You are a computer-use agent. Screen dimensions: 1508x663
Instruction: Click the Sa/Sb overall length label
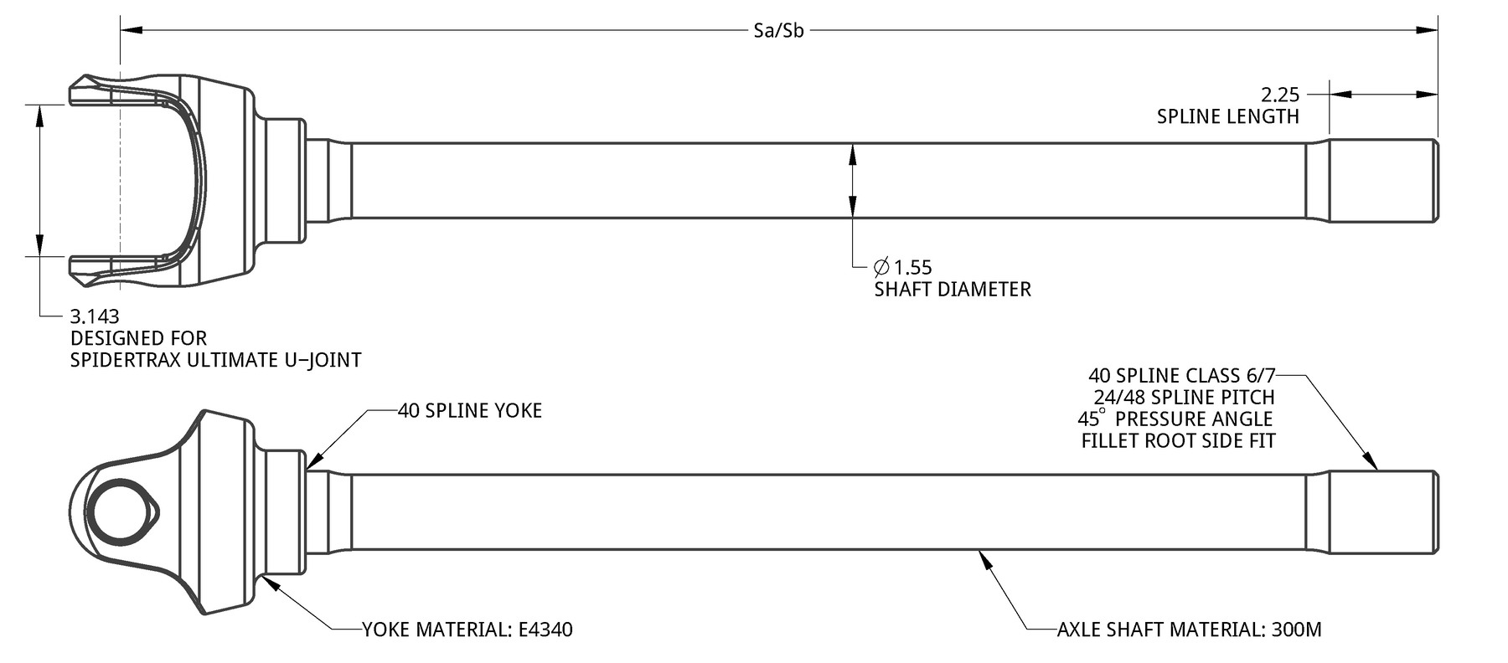pyautogui.click(x=778, y=32)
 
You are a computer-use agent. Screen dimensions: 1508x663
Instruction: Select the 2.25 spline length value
pyautogui.click(x=1280, y=95)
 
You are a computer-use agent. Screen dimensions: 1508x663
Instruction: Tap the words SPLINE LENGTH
pyautogui.click(x=1227, y=116)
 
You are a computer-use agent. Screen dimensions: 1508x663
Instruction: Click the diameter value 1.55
pyautogui.click(x=912, y=268)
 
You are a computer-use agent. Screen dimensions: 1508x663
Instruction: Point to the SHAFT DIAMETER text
pyautogui.click(x=953, y=290)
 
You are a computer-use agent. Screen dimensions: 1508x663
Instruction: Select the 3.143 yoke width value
pyautogui.click(x=95, y=316)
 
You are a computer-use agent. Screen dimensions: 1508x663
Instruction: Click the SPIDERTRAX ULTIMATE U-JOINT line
pyautogui.click(x=215, y=360)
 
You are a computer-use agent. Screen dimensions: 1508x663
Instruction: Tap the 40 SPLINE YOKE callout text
pyautogui.click(x=470, y=410)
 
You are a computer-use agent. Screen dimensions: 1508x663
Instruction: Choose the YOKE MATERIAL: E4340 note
pyautogui.click(x=467, y=630)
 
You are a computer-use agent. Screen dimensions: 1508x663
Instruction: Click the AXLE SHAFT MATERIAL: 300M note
pyautogui.click(x=1189, y=630)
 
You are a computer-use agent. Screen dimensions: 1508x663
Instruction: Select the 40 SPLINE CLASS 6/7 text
pyautogui.click(x=1181, y=376)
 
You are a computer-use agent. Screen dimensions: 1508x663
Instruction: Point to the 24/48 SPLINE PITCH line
pyautogui.click(x=1184, y=398)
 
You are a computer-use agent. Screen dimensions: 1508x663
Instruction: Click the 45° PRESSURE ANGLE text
pyautogui.click(x=1175, y=419)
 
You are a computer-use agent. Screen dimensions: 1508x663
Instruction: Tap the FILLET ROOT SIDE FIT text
pyautogui.click(x=1178, y=440)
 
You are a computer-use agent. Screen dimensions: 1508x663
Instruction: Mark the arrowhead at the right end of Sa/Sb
pyautogui.click(x=1427, y=31)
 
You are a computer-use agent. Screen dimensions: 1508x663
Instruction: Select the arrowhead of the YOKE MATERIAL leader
pyautogui.click(x=271, y=583)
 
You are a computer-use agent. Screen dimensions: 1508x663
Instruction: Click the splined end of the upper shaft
pyautogui.click(x=1383, y=181)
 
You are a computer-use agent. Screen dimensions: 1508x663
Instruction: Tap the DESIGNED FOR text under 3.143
pyautogui.click(x=138, y=338)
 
